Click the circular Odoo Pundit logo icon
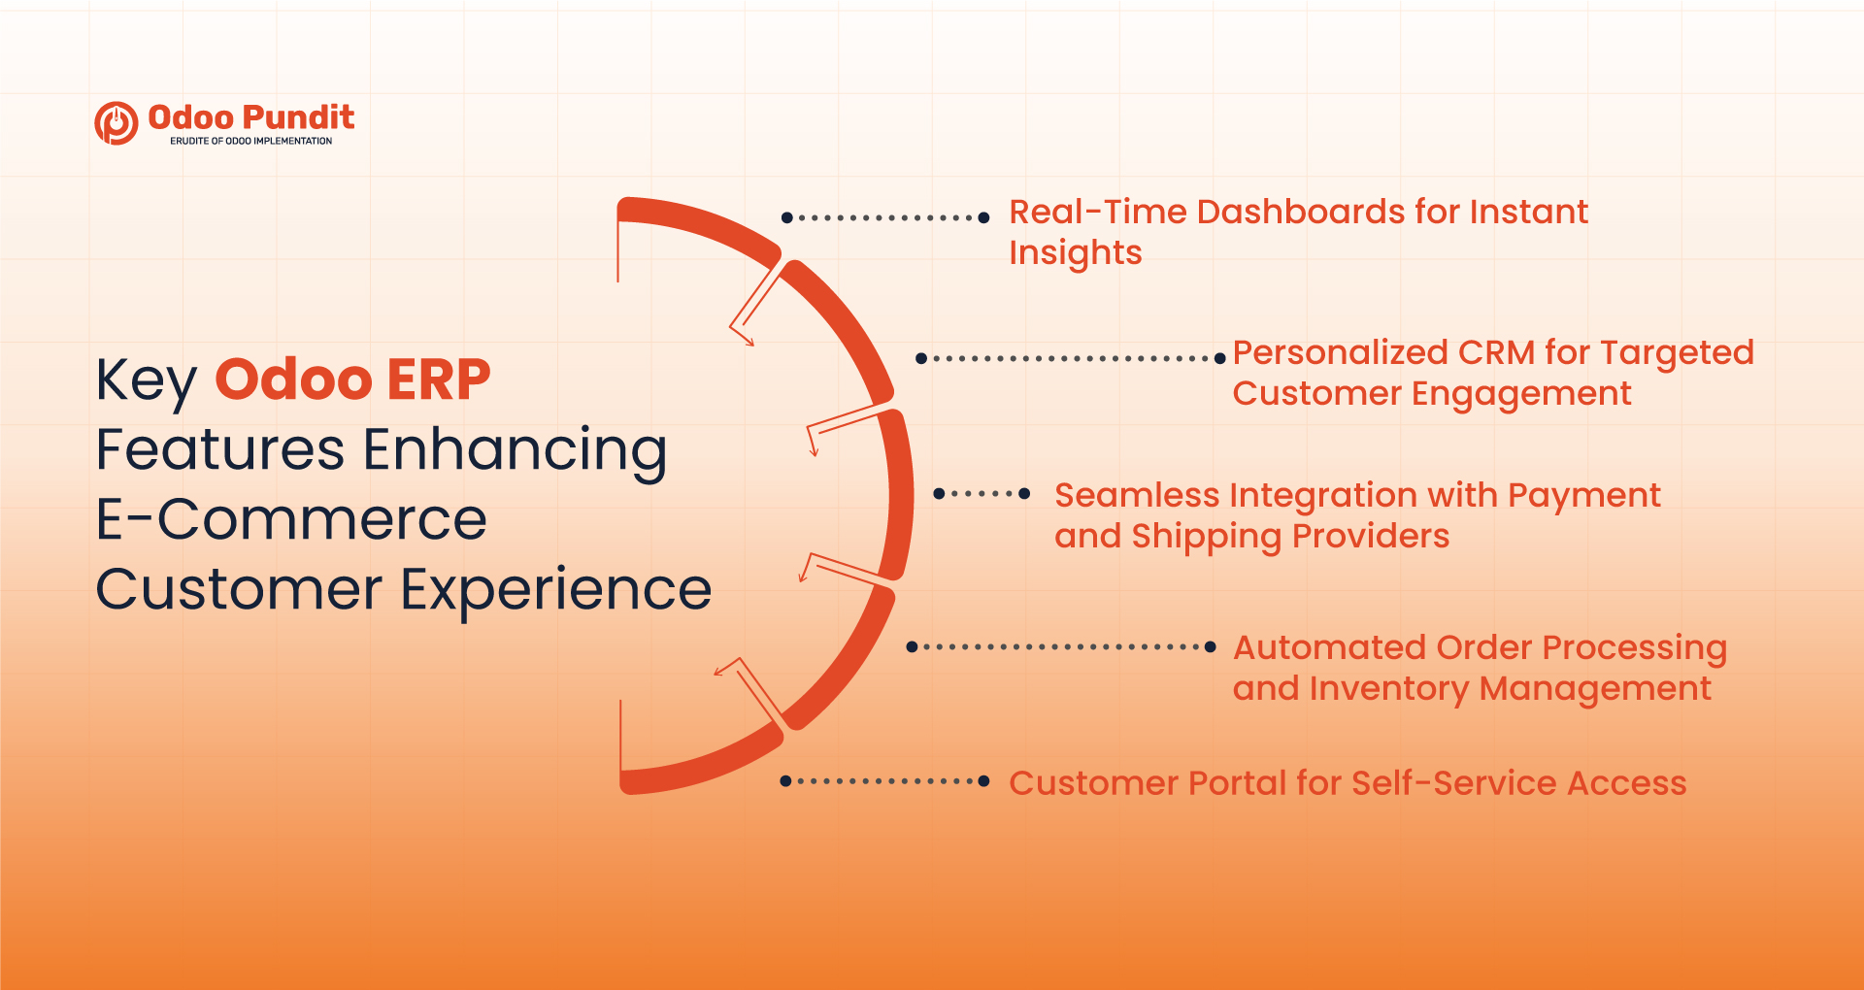[x=116, y=123]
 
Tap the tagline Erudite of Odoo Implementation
[x=250, y=141]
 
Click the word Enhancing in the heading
[x=515, y=450]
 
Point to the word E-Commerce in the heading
[x=291, y=519]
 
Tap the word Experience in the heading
[x=556, y=590]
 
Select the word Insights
[x=1075, y=253]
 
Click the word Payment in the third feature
[x=1583, y=496]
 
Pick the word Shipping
[x=1207, y=537]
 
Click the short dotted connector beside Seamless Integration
[x=982, y=494]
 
